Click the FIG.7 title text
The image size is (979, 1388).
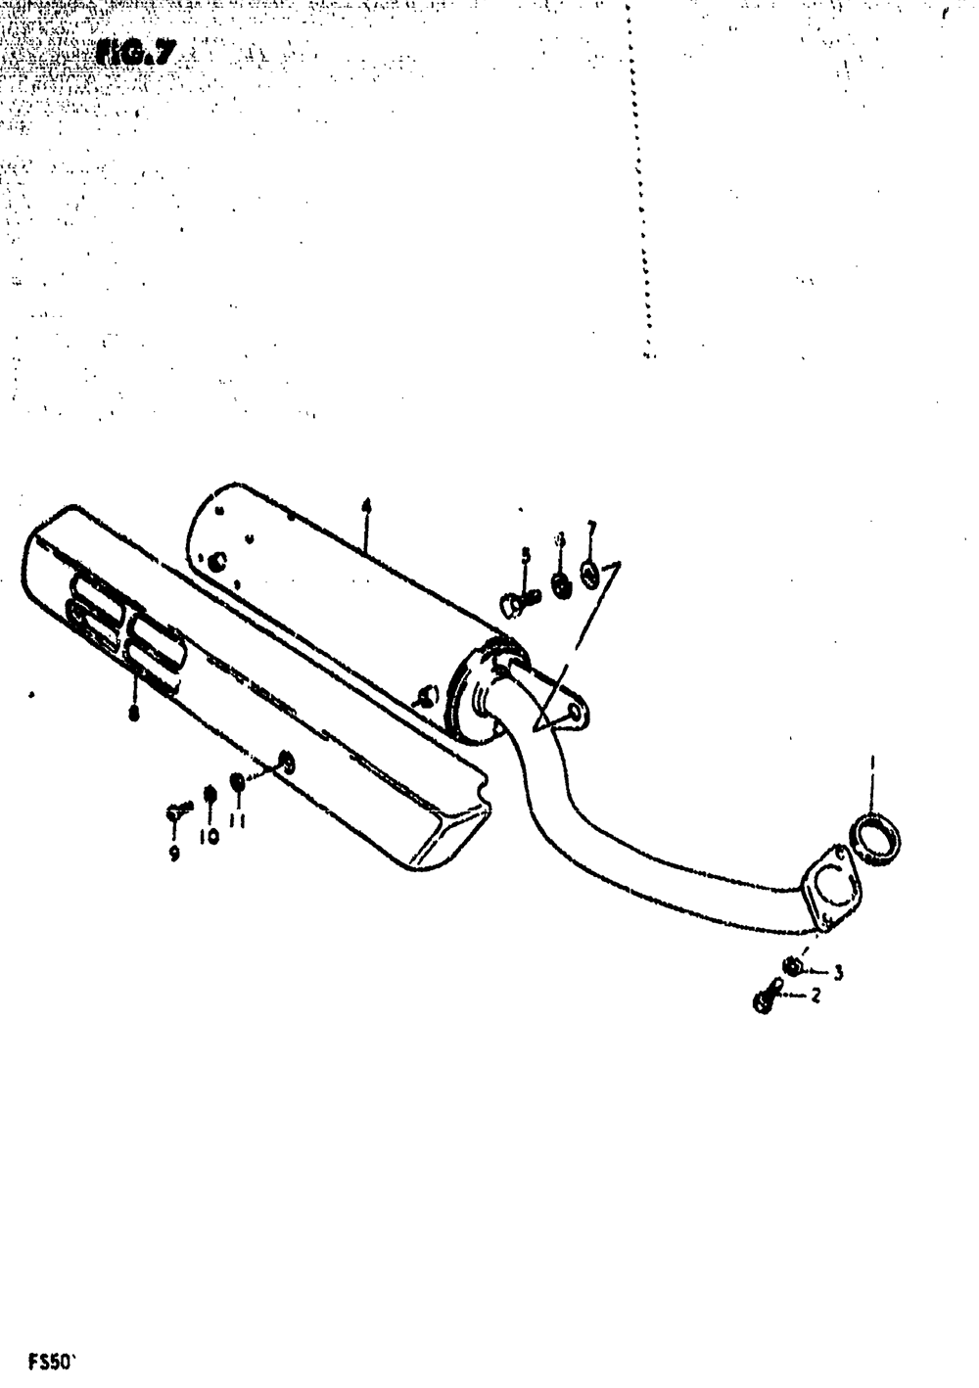(x=136, y=53)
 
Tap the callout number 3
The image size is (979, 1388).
(x=838, y=972)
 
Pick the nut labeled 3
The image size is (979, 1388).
(x=793, y=967)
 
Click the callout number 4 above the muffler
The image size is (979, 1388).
(x=366, y=506)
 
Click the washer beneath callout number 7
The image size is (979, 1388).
(x=588, y=575)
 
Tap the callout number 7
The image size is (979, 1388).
(x=590, y=530)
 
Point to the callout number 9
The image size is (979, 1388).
(x=174, y=854)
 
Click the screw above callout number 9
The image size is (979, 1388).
(x=177, y=810)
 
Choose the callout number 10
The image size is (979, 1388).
(x=209, y=837)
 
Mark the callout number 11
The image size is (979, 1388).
(x=237, y=821)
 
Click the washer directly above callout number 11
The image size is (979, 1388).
(x=237, y=782)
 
